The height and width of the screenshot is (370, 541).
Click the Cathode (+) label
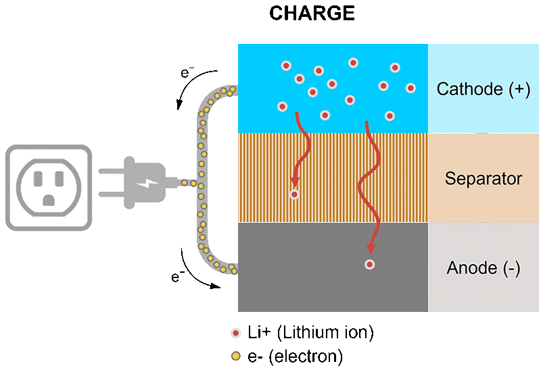tap(484, 89)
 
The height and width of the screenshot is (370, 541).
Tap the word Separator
tap(484, 179)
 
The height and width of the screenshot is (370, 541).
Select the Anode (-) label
tap(484, 268)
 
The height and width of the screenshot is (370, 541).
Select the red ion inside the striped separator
tap(294, 194)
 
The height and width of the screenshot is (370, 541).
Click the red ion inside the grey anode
tap(369, 265)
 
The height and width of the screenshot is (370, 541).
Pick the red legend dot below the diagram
tap(235, 333)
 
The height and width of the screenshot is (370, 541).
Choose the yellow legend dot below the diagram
tap(235, 356)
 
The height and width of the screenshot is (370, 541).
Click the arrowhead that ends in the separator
tap(295, 181)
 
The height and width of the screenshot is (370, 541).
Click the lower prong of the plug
tap(112, 194)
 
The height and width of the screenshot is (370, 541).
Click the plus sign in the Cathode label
tap(521, 89)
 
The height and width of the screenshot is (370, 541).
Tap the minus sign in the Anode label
tap(511, 268)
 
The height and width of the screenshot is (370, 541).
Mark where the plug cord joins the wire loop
tap(200, 183)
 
